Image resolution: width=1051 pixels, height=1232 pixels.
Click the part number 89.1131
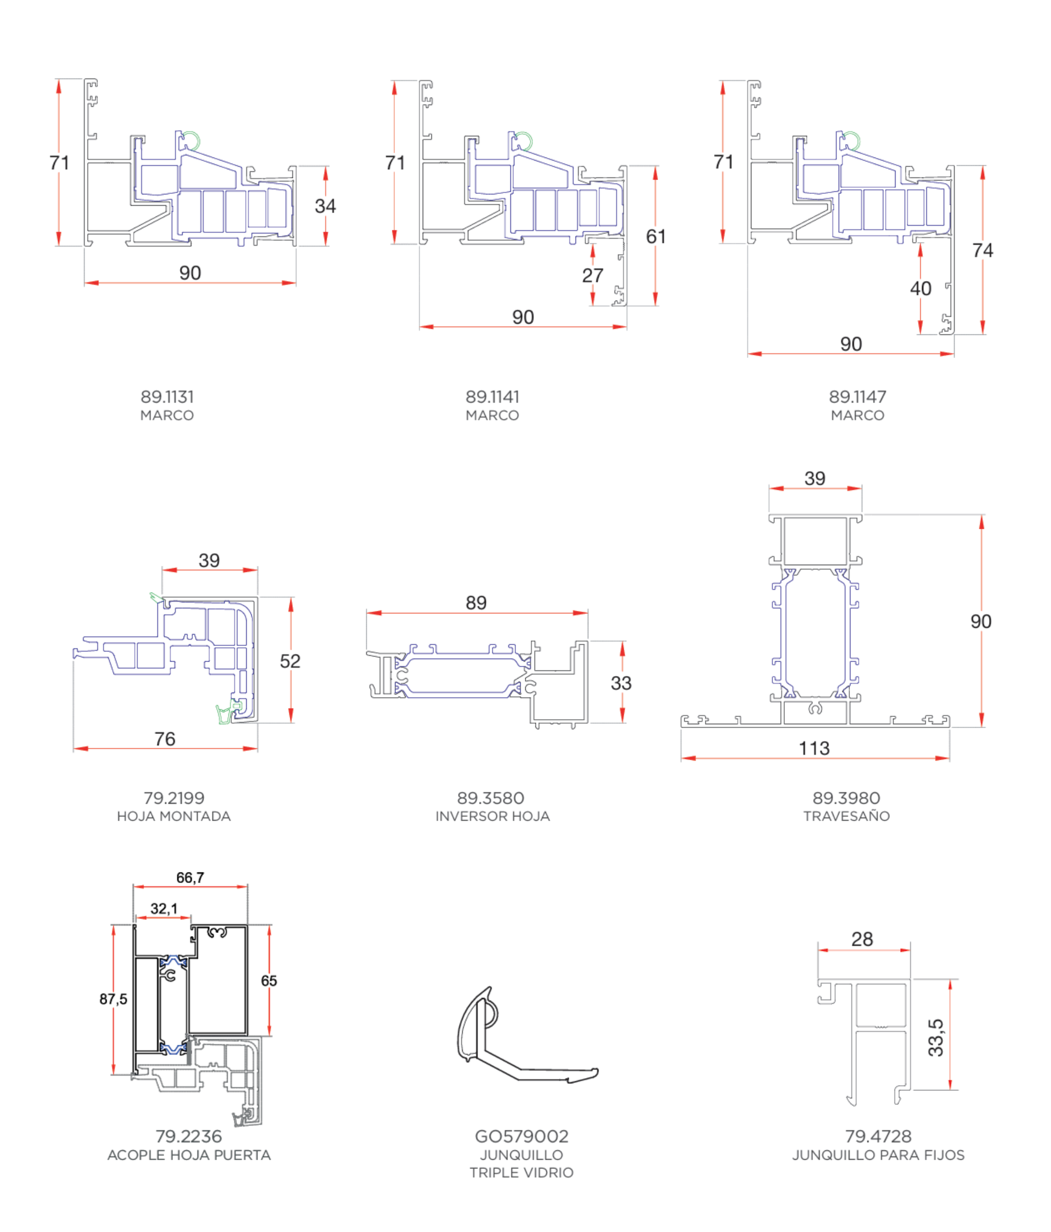point(167,396)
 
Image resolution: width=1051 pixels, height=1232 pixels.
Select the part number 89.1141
point(492,396)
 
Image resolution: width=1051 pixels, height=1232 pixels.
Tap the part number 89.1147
point(858,396)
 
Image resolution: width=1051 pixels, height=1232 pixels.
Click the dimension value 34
point(325,206)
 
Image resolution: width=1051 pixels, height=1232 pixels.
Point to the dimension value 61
point(656,236)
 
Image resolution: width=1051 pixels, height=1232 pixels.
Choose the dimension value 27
point(592,275)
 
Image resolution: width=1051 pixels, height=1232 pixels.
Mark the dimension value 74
point(983,250)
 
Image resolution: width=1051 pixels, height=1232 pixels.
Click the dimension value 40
point(921,288)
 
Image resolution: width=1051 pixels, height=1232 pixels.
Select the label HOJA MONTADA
point(174,817)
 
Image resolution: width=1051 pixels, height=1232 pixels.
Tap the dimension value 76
point(165,739)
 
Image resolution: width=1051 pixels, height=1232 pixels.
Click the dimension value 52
point(290,661)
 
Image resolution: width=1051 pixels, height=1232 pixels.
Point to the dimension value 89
point(476,603)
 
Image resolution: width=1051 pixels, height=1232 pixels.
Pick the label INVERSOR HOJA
point(492,817)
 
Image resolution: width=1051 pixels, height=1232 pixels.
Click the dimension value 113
point(814,749)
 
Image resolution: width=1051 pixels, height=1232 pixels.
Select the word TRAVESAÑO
point(846,816)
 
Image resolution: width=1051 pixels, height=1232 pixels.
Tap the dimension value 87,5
point(113,999)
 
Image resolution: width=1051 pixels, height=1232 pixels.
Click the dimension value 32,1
point(164,908)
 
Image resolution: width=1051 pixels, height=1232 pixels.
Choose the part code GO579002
point(522,1136)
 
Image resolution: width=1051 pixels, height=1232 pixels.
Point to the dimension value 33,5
point(936,1038)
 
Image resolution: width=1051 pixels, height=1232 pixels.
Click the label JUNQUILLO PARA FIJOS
point(878,1155)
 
